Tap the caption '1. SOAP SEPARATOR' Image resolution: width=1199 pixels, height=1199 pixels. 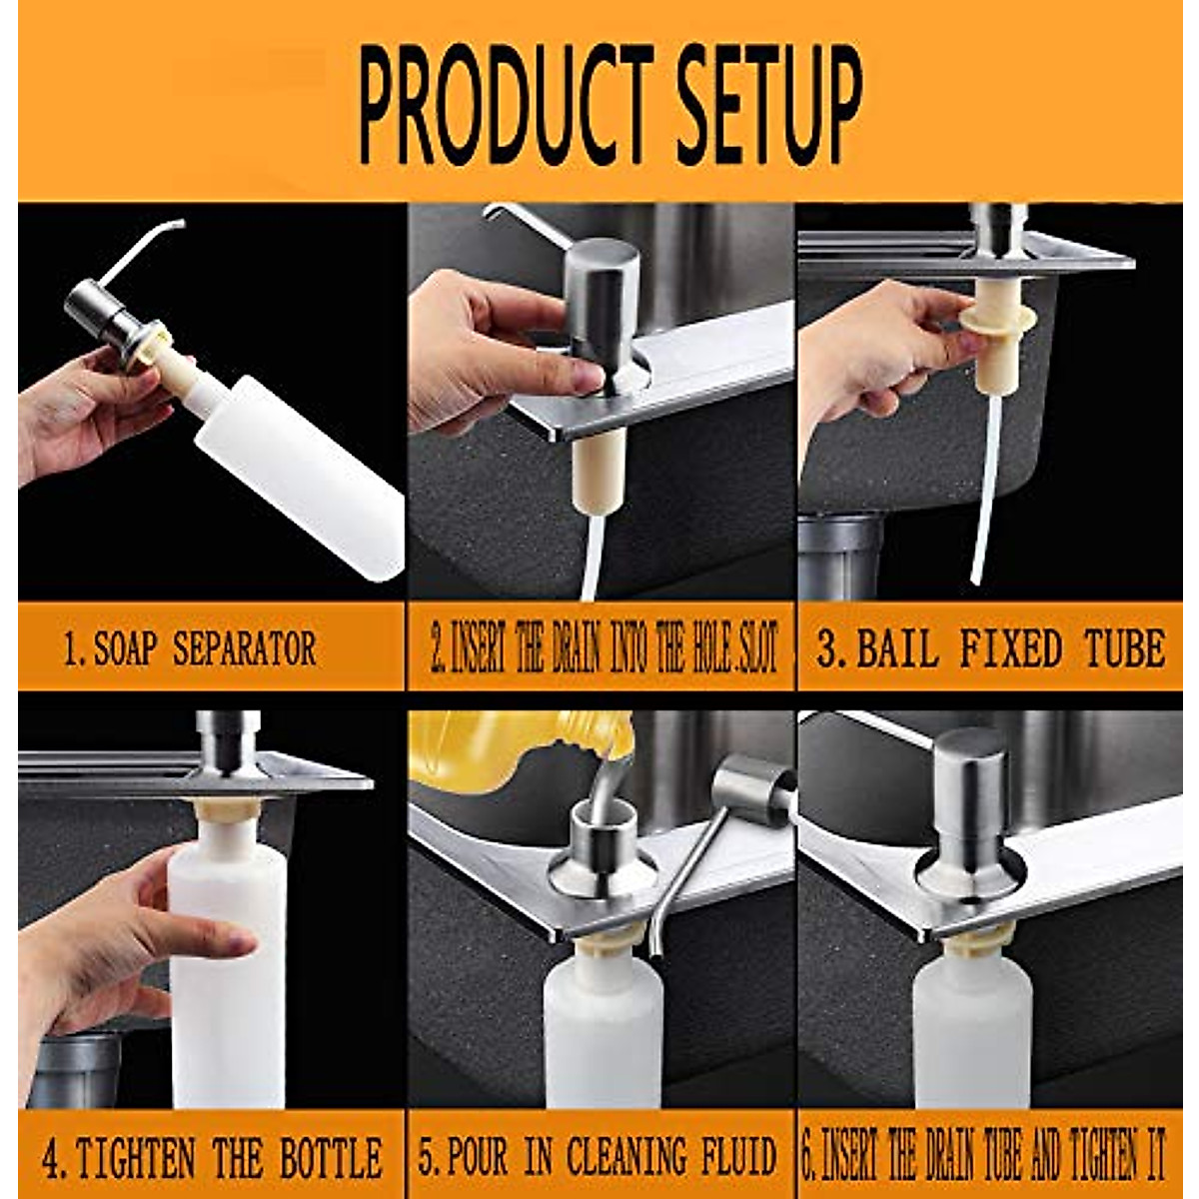point(190,649)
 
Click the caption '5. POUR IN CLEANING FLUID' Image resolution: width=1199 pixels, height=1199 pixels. point(598,1157)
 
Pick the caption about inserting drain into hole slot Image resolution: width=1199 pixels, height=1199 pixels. point(603,649)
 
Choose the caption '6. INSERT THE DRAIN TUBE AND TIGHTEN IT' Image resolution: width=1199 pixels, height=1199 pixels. point(984,1157)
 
